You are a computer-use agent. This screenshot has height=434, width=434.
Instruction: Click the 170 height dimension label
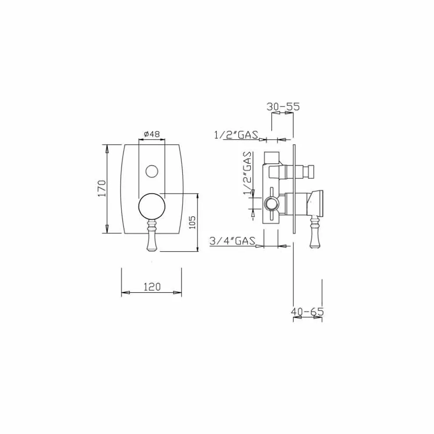pos(102,188)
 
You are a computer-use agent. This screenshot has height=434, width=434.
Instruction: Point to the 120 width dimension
pos(152,287)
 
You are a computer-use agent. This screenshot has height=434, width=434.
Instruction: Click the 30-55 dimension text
pos(283,107)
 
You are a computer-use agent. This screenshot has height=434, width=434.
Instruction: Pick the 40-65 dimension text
pos(307,312)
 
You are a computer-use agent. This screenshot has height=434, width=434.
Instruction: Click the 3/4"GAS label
pos(232,240)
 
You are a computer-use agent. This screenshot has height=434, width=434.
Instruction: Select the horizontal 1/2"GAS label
pos(236,135)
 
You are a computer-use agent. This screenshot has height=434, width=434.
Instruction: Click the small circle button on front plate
pos(152,171)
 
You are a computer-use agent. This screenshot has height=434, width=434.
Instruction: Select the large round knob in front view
pos(152,206)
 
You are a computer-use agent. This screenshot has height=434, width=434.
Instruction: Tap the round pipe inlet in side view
pos(270,204)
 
